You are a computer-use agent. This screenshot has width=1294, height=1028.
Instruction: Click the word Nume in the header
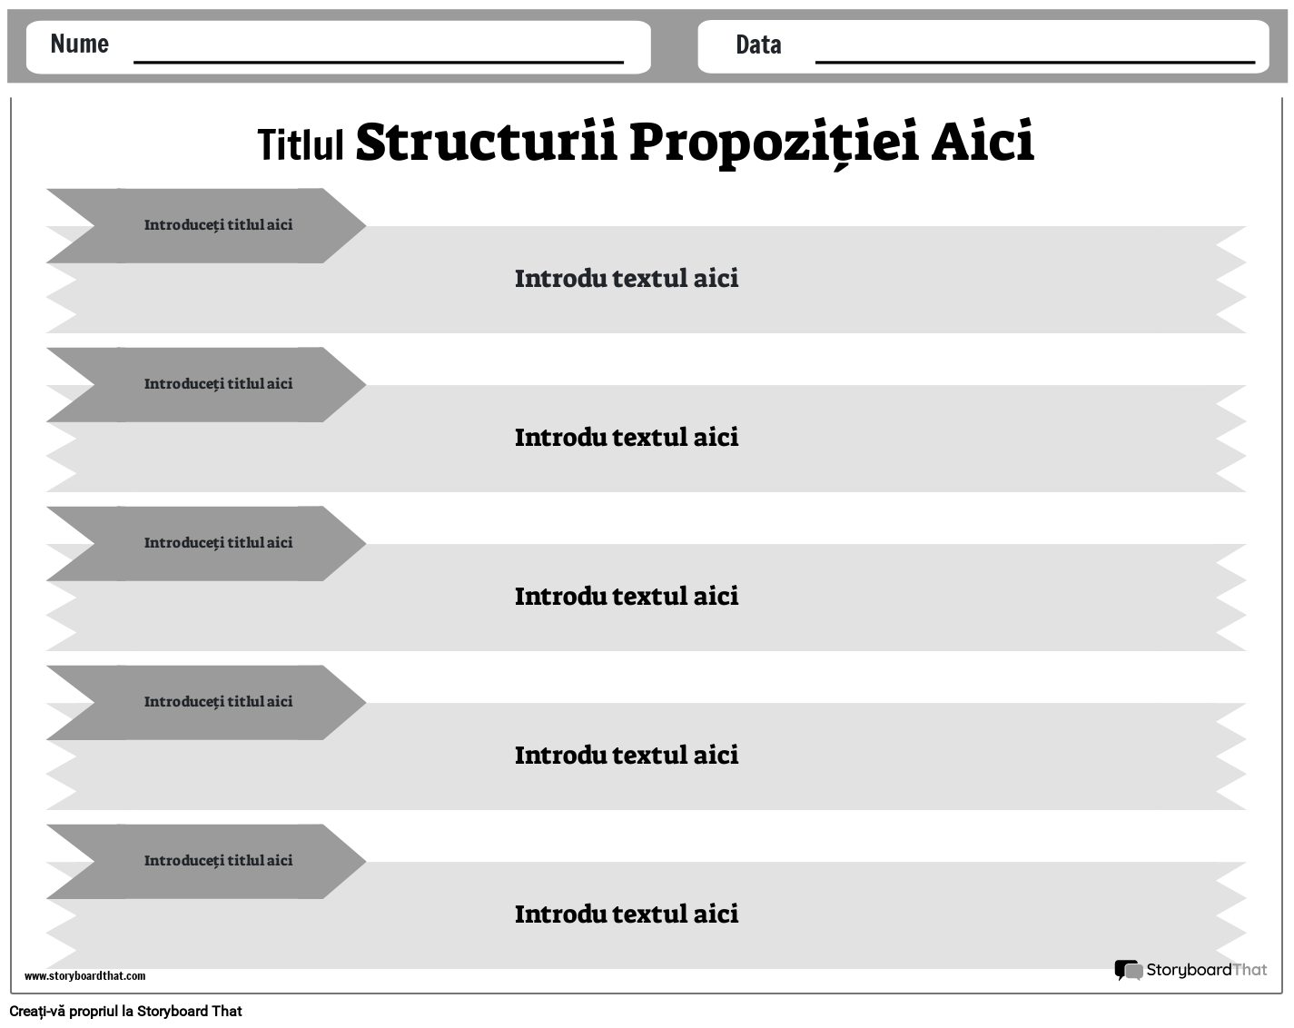80,44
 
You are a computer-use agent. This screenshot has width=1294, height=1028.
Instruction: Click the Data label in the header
758,44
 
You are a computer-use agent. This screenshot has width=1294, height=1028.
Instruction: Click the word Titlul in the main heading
301,144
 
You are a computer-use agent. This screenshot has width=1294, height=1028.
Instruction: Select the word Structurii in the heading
486,142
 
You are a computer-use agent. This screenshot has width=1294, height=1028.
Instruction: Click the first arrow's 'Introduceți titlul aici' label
218,224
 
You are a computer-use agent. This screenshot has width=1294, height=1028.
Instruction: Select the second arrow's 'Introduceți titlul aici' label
218,383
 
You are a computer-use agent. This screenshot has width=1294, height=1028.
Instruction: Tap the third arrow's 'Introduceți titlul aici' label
218,542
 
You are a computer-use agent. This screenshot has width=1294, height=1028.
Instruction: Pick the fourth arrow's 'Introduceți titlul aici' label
218,701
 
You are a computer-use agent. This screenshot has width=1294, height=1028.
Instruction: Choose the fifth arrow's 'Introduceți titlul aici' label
218,860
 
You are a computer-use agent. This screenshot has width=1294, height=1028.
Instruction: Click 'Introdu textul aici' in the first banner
627,278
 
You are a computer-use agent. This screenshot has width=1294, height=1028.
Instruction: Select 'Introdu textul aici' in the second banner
627,437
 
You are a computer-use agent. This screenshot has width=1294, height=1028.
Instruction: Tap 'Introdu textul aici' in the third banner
627,596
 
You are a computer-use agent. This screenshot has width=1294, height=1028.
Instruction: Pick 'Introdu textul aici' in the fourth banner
627,755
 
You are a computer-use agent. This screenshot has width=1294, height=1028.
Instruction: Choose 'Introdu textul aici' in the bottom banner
627,914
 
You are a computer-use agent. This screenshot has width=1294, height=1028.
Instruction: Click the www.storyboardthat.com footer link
84,976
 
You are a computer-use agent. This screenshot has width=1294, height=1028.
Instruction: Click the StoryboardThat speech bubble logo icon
1128,970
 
